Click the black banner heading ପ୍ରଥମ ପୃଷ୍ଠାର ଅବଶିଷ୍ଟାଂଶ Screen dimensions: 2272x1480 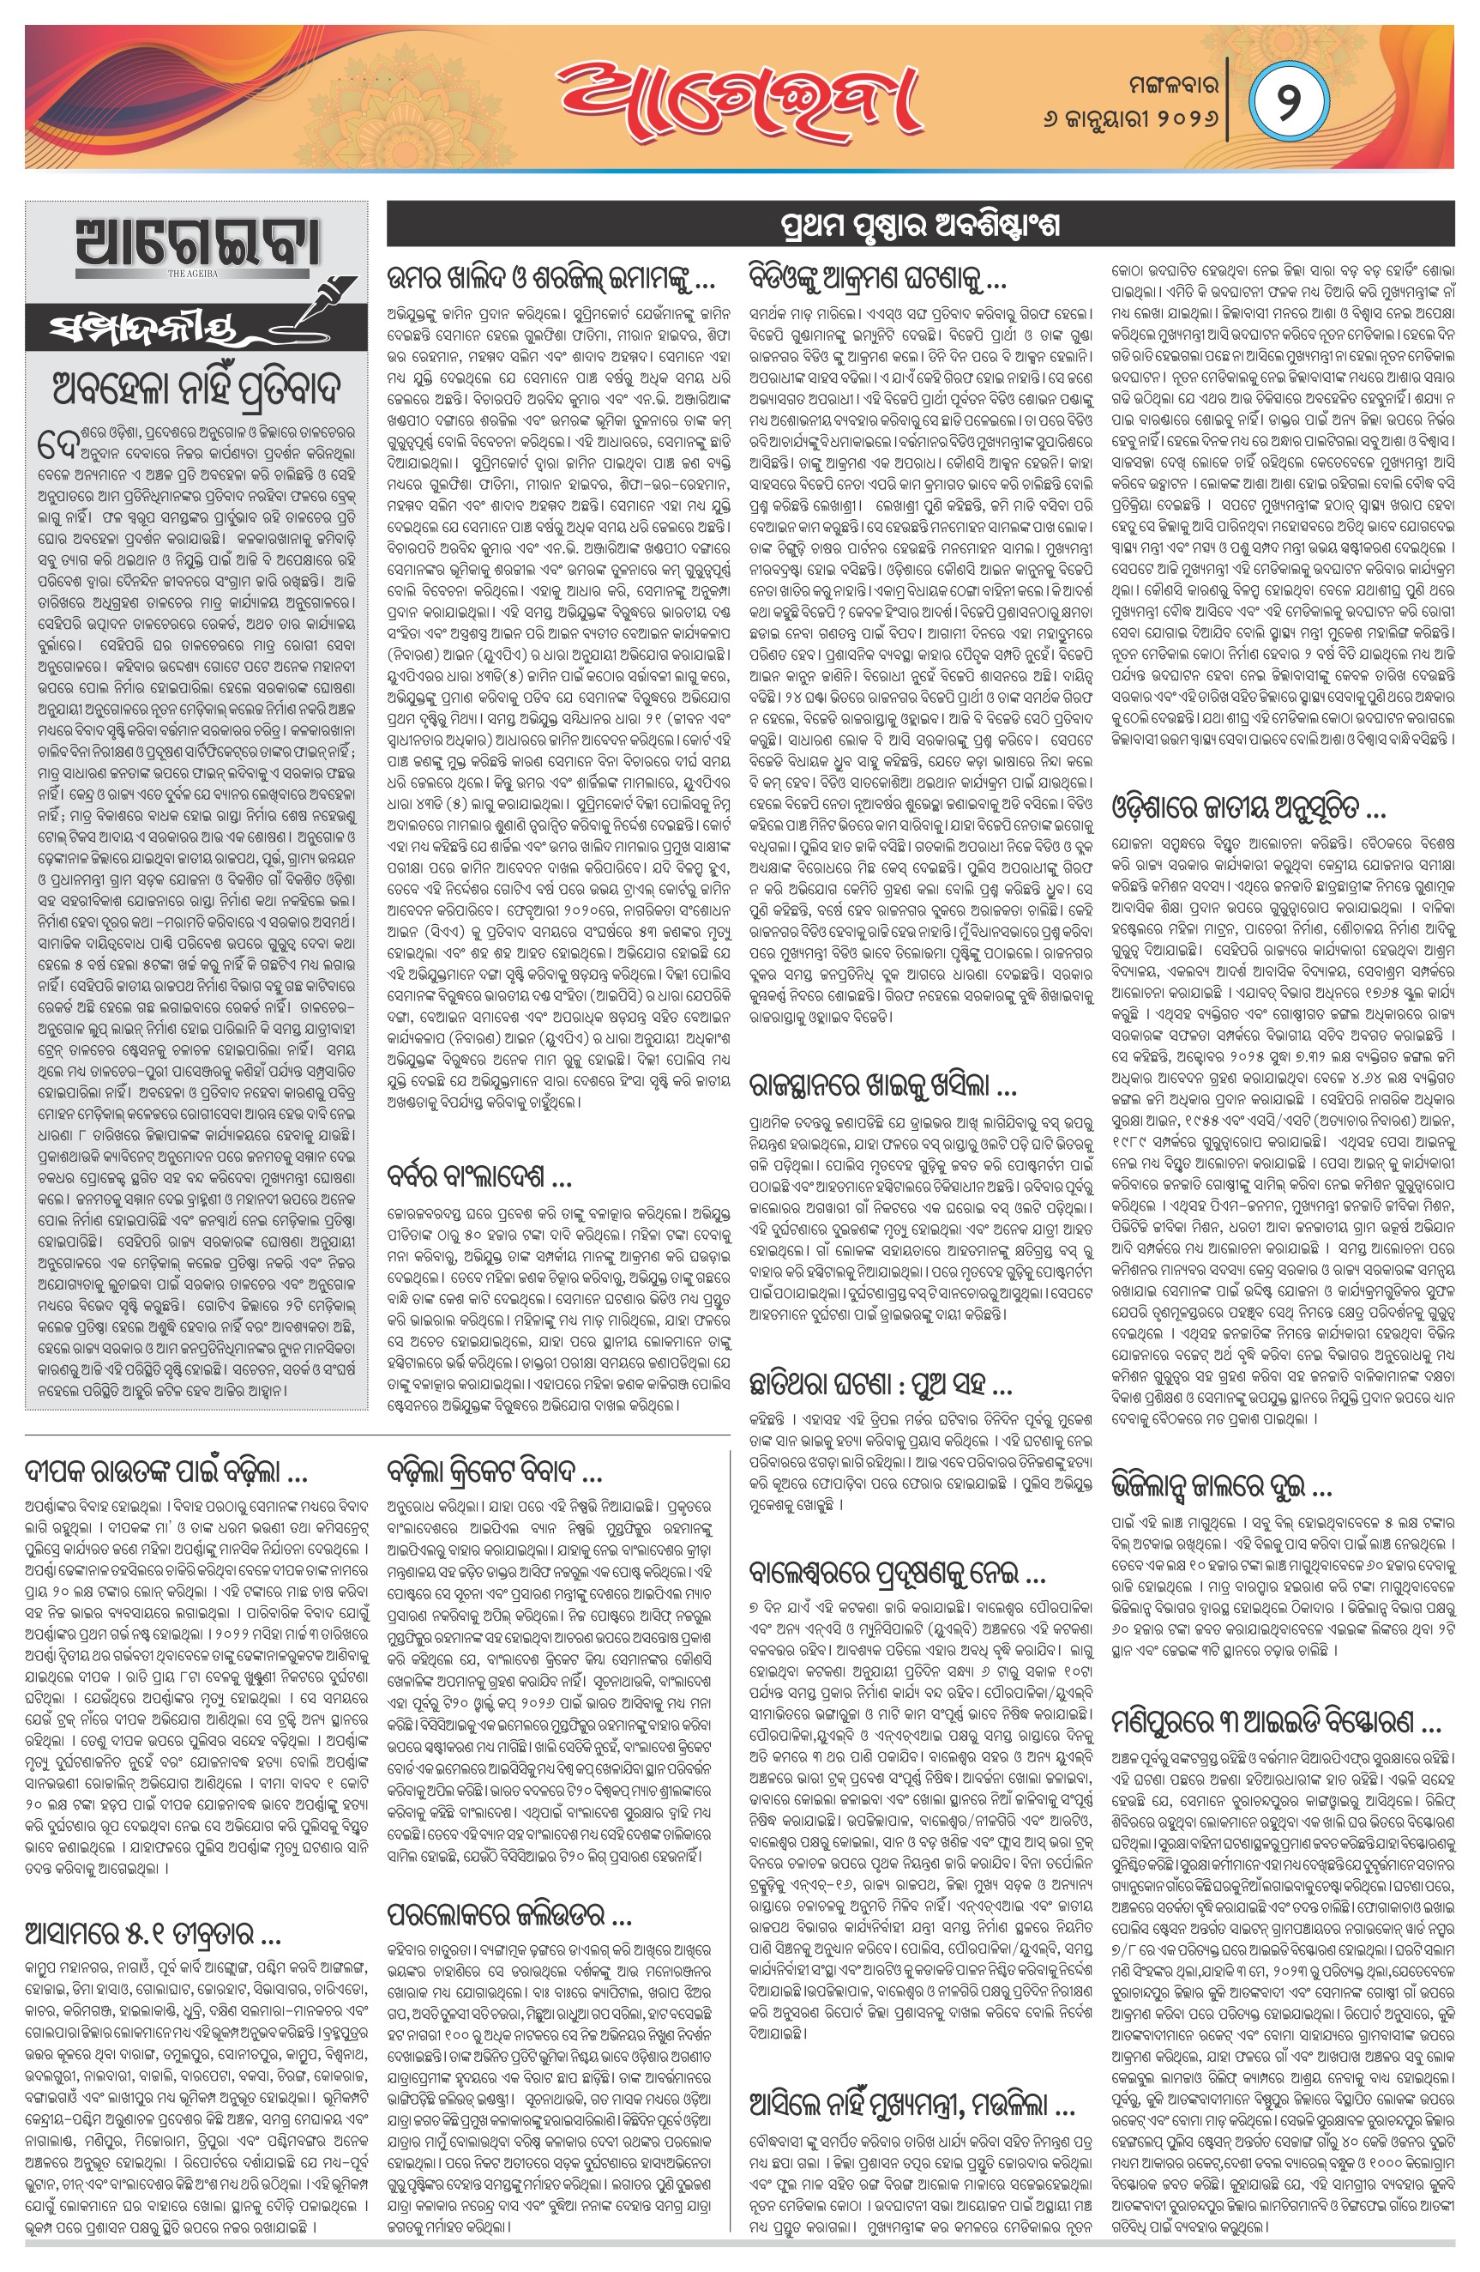click(920, 227)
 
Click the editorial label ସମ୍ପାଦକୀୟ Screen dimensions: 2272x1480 click(143, 330)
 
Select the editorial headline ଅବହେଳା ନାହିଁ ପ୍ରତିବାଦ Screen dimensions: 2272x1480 click(196, 388)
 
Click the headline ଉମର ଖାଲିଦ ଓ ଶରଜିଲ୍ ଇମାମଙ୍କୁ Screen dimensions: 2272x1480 click(550, 279)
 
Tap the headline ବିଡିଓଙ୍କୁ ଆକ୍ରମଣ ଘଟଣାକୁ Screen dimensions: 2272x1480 click(878, 279)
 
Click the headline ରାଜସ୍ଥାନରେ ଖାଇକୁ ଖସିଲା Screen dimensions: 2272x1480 click(882, 1085)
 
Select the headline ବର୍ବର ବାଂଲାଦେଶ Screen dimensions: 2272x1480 click(480, 1176)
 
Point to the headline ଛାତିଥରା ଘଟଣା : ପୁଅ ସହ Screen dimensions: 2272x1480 click(881, 1383)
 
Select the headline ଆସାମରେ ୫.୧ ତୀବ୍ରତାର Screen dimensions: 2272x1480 click(152, 1909)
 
